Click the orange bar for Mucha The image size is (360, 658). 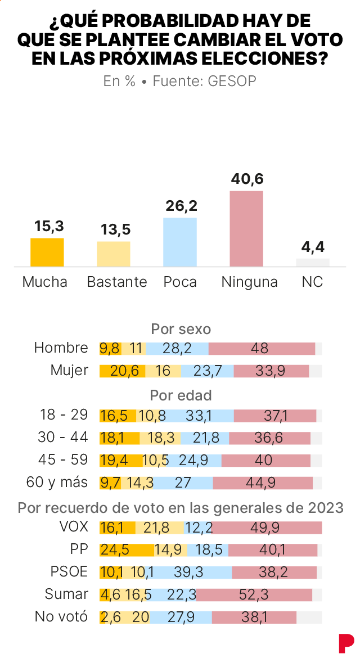click(x=47, y=252)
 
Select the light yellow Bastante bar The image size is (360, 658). click(x=113, y=254)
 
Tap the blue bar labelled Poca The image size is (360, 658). click(x=180, y=242)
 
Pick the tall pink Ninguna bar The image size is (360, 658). click(x=246, y=228)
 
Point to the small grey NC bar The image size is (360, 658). click(x=313, y=262)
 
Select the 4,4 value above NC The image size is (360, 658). click(x=313, y=247)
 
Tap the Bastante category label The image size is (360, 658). click(x=117, y=282)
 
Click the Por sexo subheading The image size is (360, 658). click(x=181, y=328)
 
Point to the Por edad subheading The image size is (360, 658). click(x=181, y=395)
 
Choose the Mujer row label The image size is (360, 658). click(x=69, y=371)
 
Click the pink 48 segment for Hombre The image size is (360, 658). click(x=262, y=349)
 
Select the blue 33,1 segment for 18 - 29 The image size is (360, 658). click(x=200, y=416)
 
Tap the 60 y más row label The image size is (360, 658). click(x=57, y=482)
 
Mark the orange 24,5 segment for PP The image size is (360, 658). click(x=127, y=550)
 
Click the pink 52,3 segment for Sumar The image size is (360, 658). click(x=254, y=595)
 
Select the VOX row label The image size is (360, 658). click(x=73, y=528)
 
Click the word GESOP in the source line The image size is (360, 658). click(x=232, y=81)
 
